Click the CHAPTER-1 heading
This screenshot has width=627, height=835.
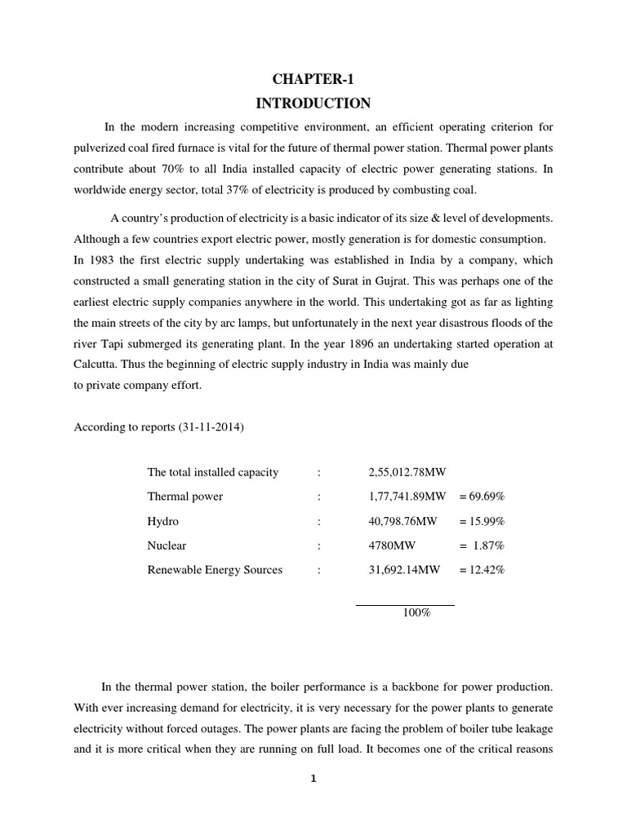[313, 78]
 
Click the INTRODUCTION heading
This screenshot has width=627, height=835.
[313, 104]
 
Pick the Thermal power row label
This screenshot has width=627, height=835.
[185, 497]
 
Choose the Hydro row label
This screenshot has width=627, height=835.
[163, 521]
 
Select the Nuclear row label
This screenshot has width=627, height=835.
[167, 546]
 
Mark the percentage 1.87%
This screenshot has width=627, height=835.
[488, 546]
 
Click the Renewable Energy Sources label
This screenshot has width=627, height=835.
[215, 570]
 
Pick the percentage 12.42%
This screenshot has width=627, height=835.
[487, 570]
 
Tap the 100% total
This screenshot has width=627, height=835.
[416, 612]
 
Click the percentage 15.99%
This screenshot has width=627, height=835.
[487, 521]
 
